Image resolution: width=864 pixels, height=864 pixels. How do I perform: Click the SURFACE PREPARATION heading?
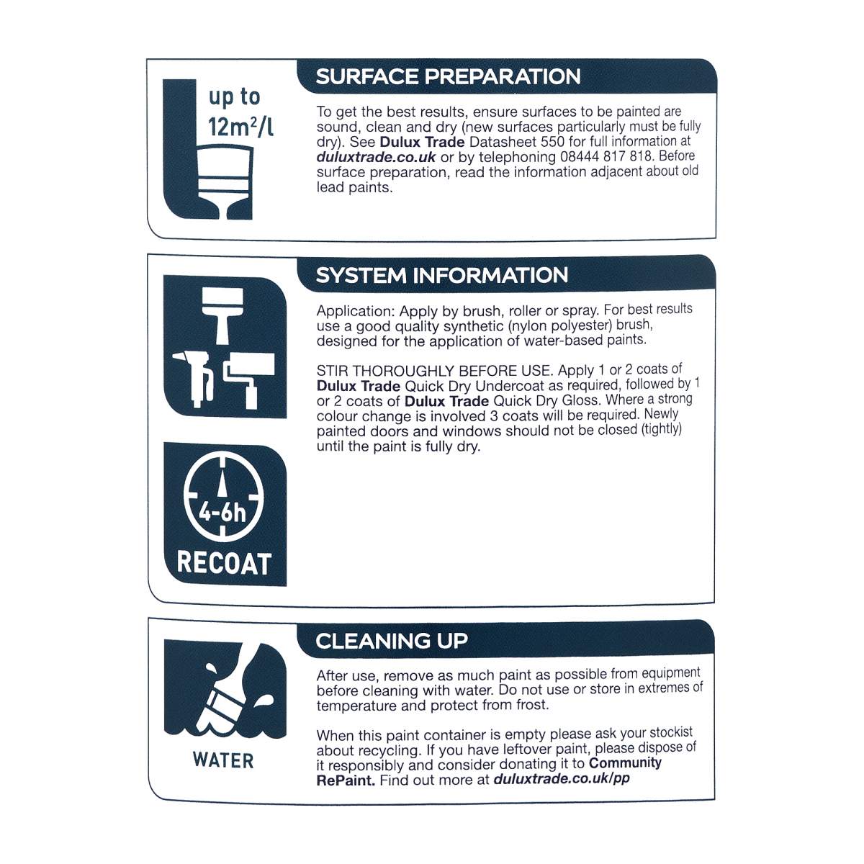tap(448, 76)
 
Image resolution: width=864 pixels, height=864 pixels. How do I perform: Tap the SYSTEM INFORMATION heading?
tap(441, 275)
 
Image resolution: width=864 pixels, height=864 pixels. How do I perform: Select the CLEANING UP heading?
tap(392, 641)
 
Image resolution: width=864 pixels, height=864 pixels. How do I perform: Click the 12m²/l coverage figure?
tap(240, 127)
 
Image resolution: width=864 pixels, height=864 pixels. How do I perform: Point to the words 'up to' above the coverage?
tap(234, 97)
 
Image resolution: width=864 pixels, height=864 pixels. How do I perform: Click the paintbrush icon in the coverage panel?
tap(225, 182)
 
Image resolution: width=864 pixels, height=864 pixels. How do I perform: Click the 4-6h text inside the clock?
tap(222, 513)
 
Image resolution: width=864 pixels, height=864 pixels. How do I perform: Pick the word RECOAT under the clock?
tap(224, 563)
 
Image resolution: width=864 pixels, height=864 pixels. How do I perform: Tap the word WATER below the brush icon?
tap(223, 760)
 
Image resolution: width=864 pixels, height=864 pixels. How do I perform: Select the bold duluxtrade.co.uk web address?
tap(376, 158)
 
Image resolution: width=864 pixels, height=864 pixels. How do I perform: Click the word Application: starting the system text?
tap(356, 311)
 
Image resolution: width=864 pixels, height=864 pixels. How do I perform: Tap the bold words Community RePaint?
tap(489, 771)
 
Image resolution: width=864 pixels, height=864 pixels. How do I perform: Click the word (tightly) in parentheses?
tap(661, 429)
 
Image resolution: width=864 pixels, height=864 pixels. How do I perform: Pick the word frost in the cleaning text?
tap(532, 705)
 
